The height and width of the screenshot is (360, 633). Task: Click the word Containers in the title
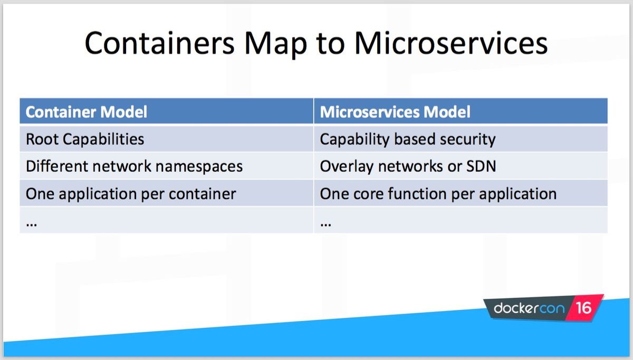160,43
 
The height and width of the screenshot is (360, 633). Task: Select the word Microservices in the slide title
451,43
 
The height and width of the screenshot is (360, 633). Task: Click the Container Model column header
167,111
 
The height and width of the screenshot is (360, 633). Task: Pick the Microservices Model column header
461,111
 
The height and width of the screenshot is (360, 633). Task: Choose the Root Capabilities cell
167,139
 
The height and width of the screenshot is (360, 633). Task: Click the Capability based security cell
461,139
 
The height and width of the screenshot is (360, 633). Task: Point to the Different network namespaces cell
167,166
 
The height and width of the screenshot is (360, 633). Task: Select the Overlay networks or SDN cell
461,166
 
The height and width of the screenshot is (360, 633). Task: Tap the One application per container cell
167,193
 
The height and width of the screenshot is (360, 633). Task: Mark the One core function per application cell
461,193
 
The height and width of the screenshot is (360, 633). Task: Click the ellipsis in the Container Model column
31,225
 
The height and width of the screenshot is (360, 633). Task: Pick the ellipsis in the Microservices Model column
326,225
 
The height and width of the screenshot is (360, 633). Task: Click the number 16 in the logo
583,308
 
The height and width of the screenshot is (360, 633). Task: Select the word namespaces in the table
199,167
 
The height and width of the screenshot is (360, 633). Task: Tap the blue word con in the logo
552,308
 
